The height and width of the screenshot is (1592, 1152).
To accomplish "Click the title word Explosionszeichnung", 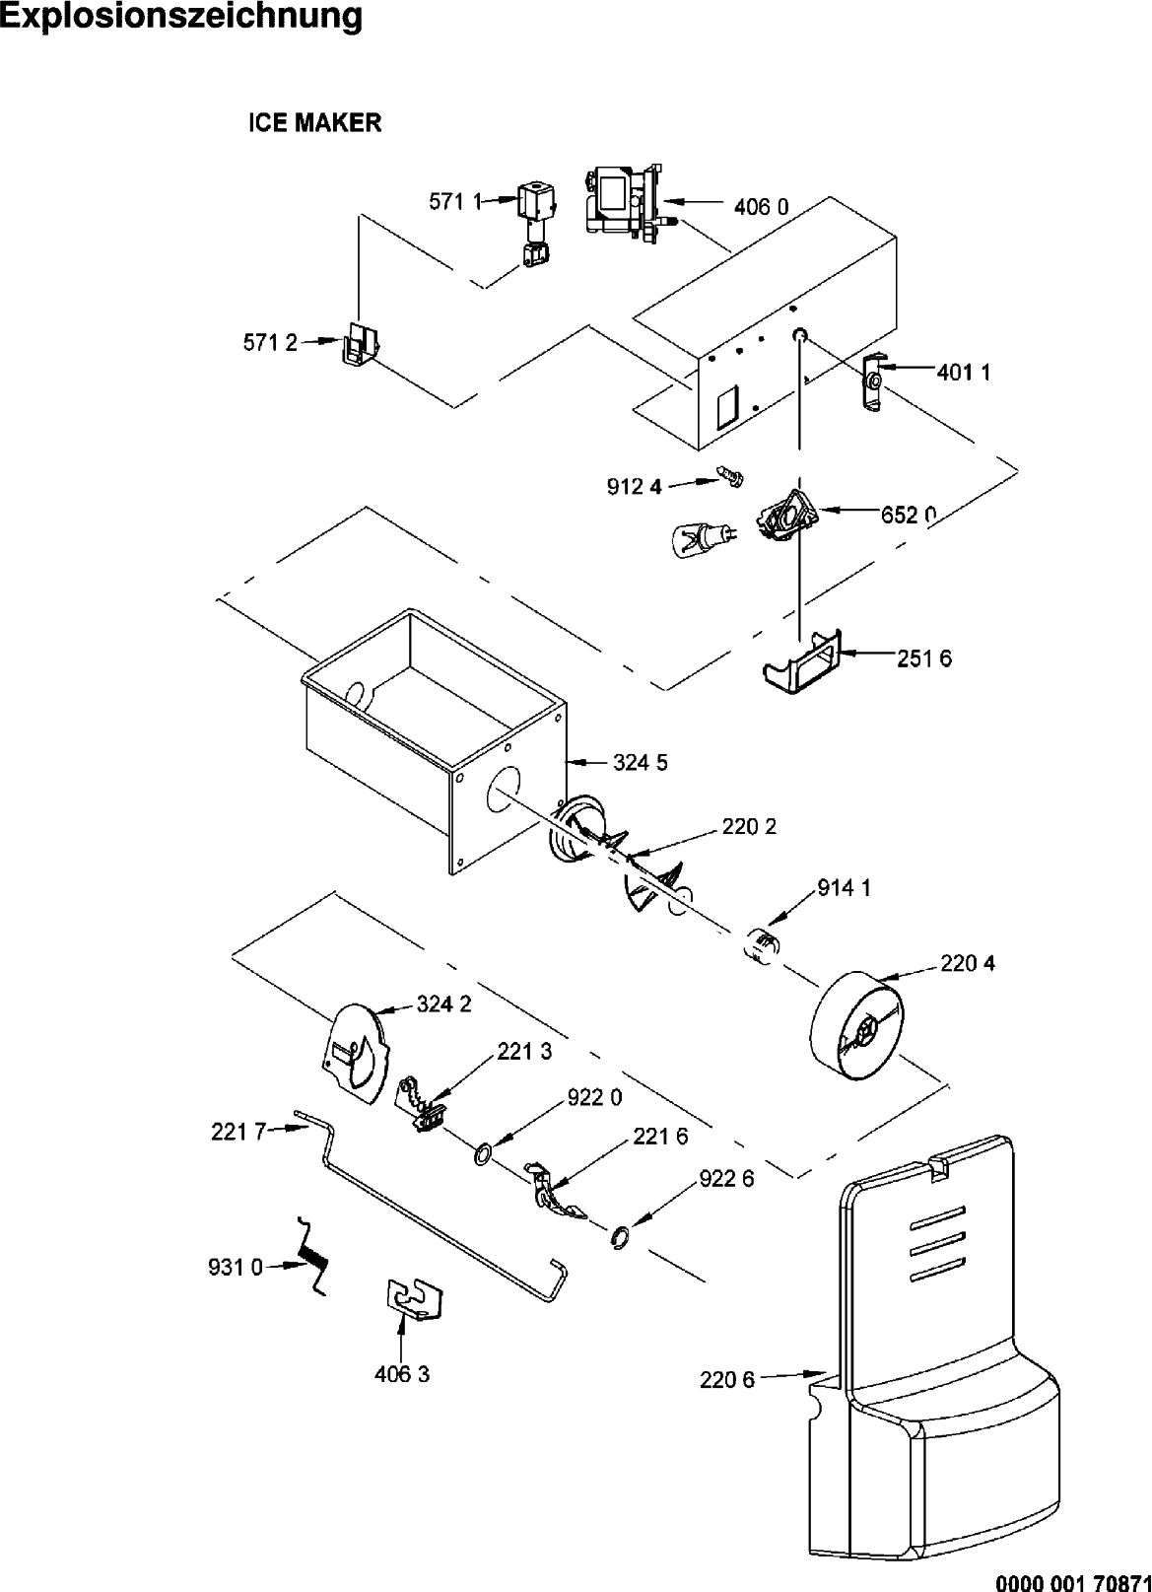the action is (182, 18).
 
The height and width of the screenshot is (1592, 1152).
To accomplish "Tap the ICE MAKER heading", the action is (314, 123).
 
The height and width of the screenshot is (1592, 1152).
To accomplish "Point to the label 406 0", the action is (761, 207).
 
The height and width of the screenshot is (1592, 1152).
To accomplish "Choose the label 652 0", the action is (909, 515).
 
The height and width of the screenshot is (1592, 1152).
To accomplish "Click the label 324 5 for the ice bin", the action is (641, 763).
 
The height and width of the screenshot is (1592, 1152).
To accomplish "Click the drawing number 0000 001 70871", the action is (1073, 1580).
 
